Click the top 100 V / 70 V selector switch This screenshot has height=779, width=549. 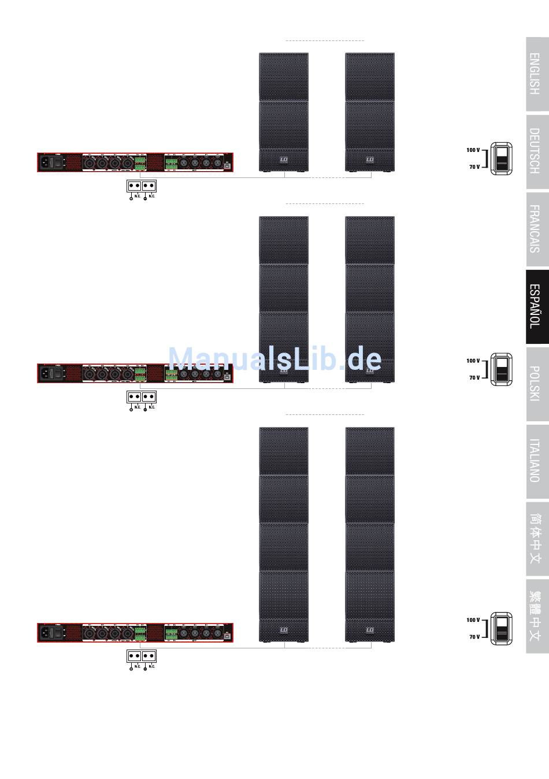pos(501,158)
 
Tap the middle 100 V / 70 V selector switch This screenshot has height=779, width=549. pos(501,369)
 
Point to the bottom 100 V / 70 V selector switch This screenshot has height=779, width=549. pos(501,629)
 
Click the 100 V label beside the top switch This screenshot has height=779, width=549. pos(473,150)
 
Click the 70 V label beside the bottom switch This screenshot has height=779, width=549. pos(474,637)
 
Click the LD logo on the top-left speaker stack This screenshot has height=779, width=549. pos(284,159)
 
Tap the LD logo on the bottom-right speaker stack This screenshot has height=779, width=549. pos(370,630)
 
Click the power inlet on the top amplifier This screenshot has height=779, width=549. pos(45,163)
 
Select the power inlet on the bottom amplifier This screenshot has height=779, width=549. pos(45,633)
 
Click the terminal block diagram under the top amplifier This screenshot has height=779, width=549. pos(142,186)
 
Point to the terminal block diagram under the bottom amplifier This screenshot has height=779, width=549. pos(142,656)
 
